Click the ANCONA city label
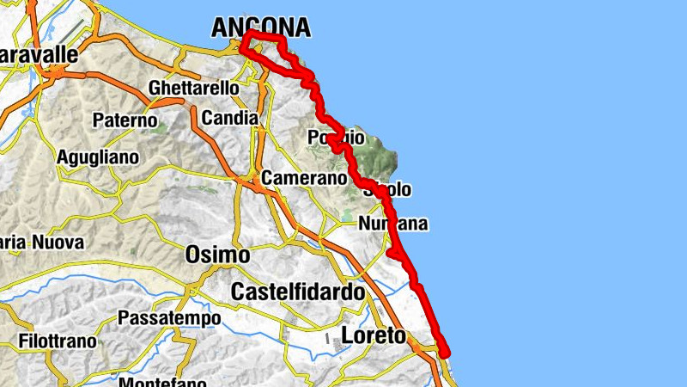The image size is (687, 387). (260, 28)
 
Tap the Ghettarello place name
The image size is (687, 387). (193, 89)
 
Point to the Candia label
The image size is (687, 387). (228, 117)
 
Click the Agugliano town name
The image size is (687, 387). (97, 158)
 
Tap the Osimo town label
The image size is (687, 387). (218, 255)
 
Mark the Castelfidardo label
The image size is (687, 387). (298, 292)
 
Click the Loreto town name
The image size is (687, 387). (373, 335)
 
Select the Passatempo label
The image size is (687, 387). (169, 318)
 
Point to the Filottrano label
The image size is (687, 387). (49, 341)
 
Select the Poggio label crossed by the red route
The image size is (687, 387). (337, 138)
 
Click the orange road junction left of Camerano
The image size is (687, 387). (255, 182)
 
